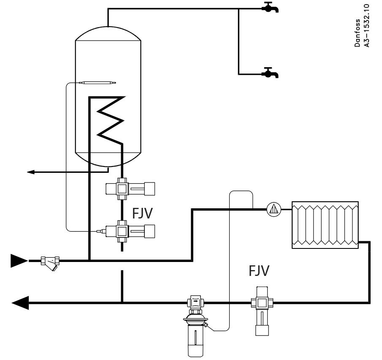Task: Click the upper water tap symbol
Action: [x=270, y=8]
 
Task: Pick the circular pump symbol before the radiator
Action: [x=274, y=208]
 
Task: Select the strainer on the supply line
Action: [x=50, y=262]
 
